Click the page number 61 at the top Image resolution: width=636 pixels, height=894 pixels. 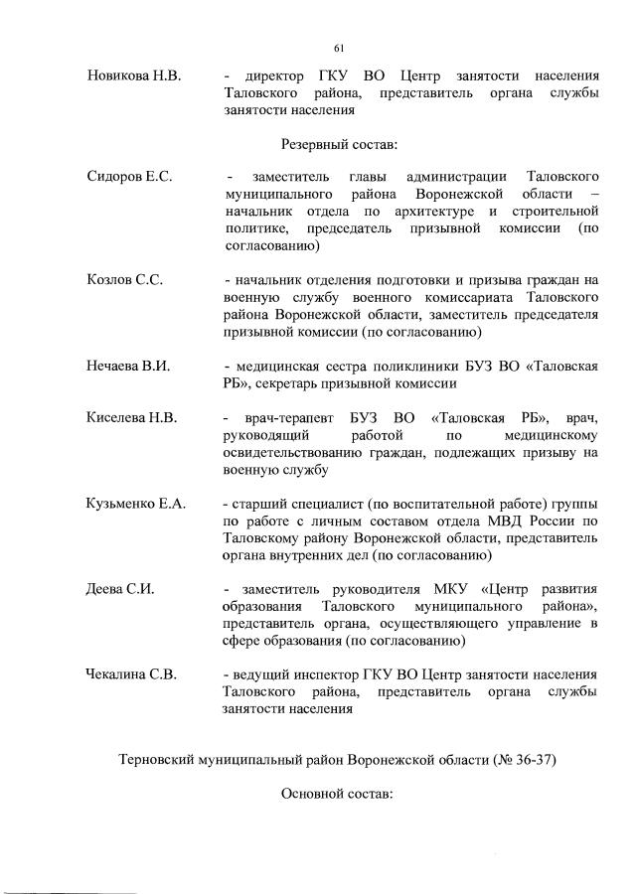pyautogui.click(x=339, y=48)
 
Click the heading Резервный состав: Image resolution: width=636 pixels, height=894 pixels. pyautogui.click(x=339, y=145)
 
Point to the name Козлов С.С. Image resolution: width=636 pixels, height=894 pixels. pyautogui.click(x=124, y=280)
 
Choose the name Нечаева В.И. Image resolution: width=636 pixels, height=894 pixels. pyautogui.click(x=129, y=367)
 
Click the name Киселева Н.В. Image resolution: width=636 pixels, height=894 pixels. pyautogui.click(x=132, y=418)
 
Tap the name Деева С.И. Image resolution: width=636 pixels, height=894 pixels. pyautogui.click(x=119, y=590)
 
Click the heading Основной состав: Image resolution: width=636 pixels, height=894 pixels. pyautogui.click(x=339, y=795)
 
